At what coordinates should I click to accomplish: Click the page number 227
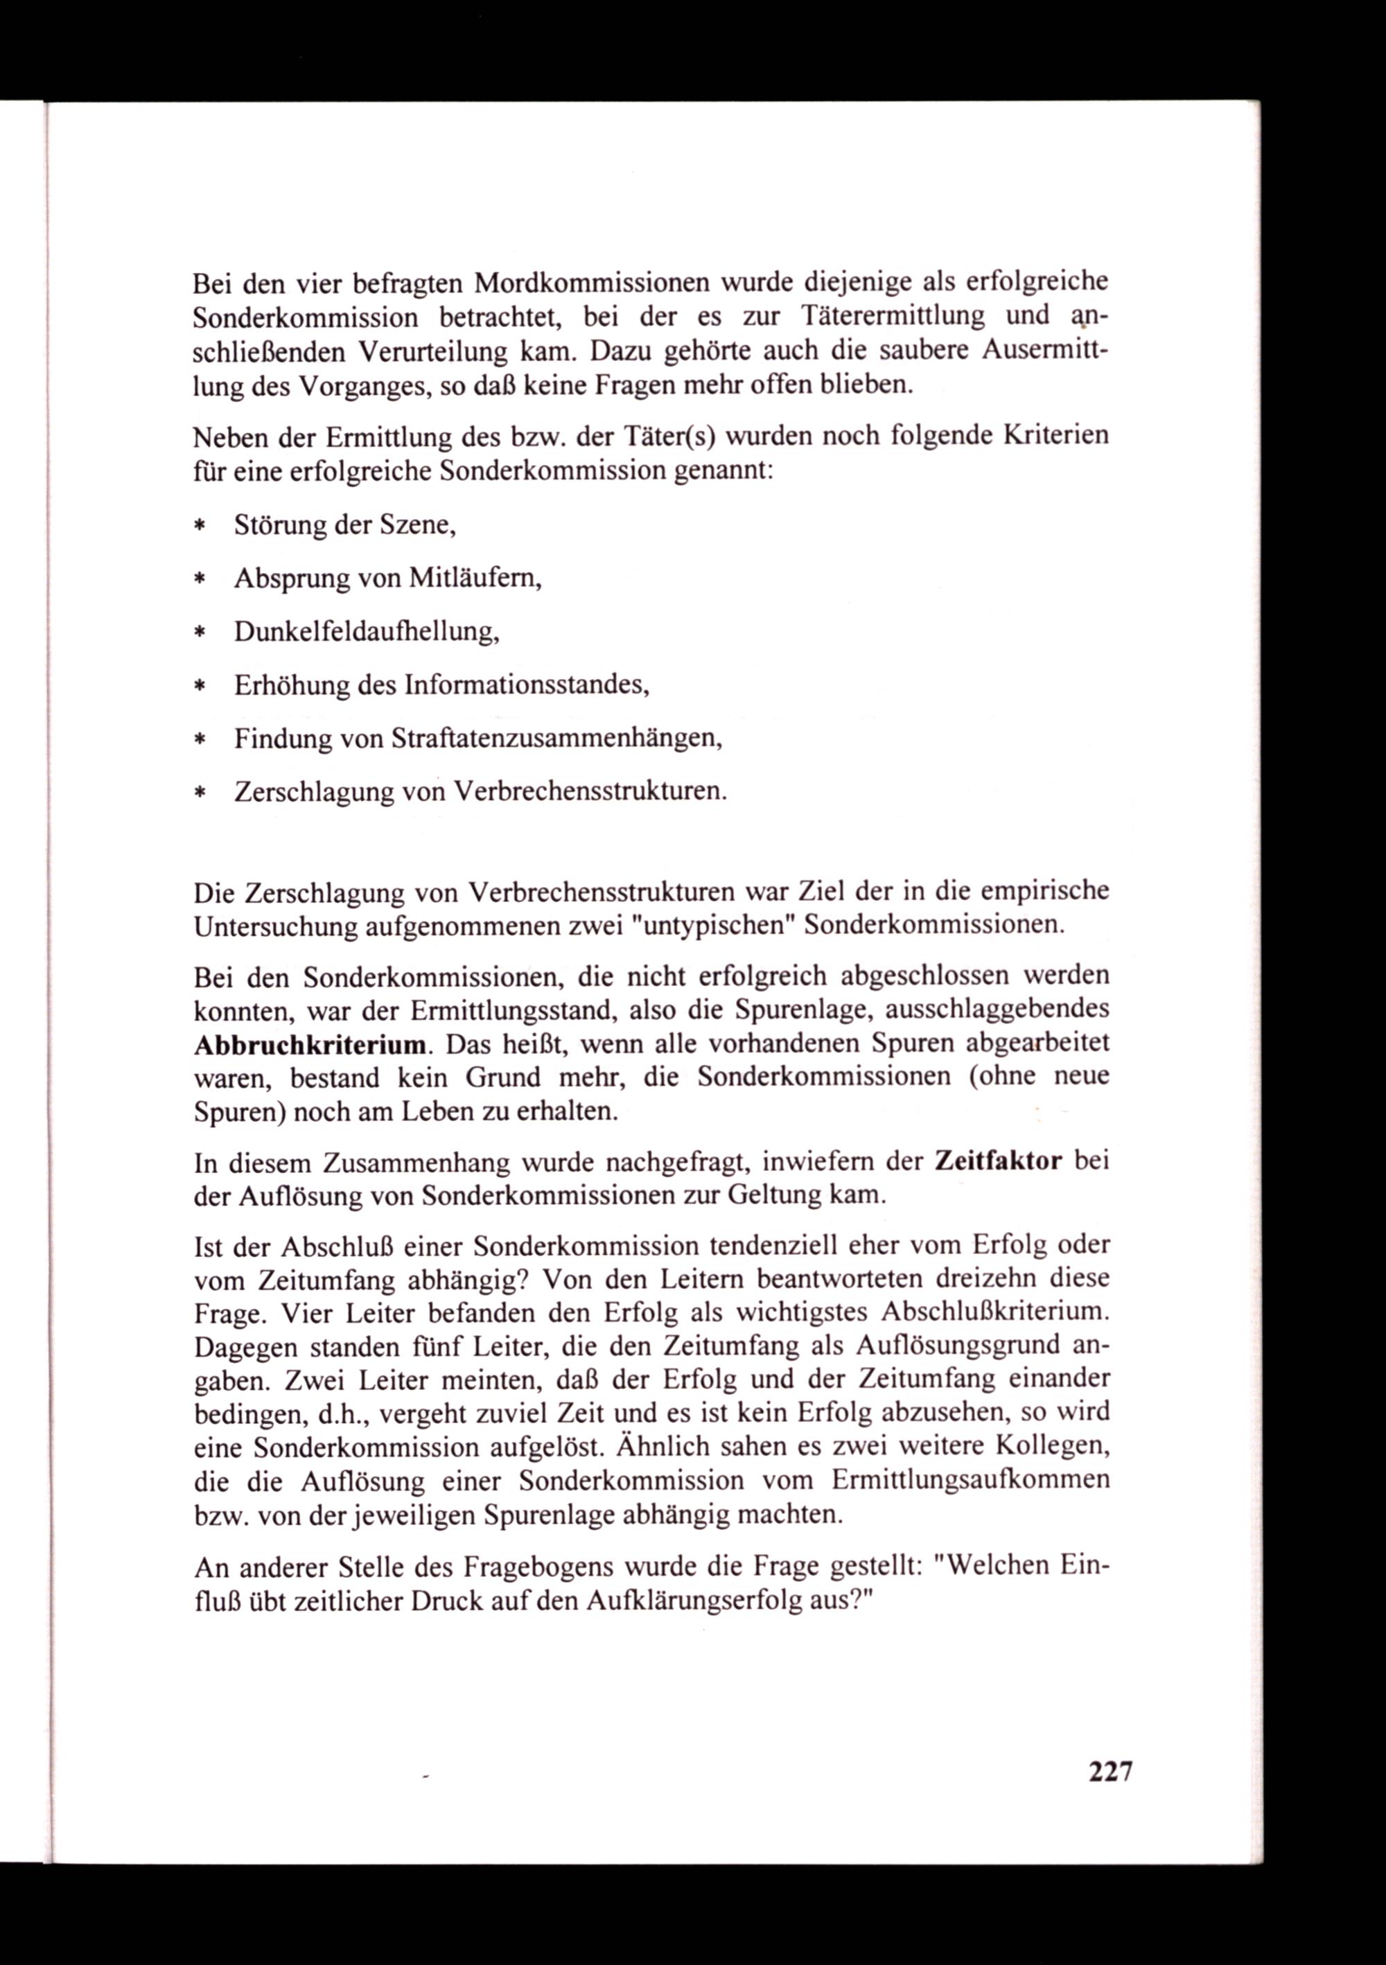pyautogui.click(x=1110, y=1771)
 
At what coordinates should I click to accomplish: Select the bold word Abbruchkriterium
pyautogui.click(x=310, y=1045)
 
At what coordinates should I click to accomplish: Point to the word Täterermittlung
pyautogui.click(x=894, y=316)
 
